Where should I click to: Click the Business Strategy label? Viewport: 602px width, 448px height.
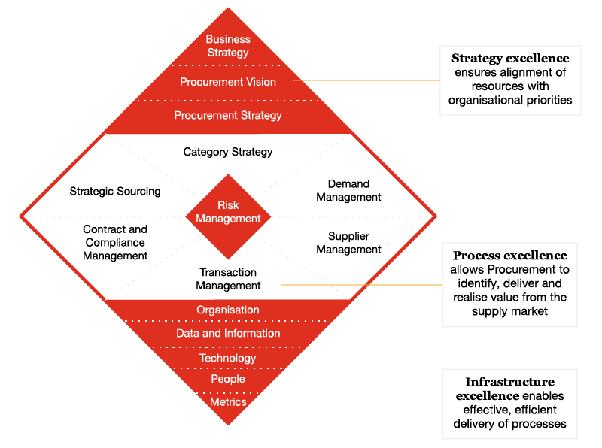(228, 46)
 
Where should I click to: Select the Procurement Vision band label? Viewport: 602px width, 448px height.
(228, 82)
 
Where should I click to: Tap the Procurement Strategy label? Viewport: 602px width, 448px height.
(228, 116)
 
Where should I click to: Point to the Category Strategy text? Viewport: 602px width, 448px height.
(228, 152)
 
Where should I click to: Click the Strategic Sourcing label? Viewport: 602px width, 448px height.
(115, 192)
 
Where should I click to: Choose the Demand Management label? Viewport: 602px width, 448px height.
(348, 190)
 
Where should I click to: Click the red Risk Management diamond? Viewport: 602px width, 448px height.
(228, 216)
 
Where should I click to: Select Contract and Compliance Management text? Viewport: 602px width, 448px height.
(115, 242)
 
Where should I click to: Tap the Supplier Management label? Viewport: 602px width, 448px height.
(348, 243)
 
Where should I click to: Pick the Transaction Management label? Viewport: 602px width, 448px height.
(228, 279)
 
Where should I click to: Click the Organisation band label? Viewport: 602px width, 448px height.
(228, 310)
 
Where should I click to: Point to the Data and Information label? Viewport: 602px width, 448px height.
(228, 333)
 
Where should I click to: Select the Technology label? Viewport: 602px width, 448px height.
(228, 358)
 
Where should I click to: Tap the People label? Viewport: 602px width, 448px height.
(228, 379)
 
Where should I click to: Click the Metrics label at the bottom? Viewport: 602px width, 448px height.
(228, 401)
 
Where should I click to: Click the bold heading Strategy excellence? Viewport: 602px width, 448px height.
(510, 58)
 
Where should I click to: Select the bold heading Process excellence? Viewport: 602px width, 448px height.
(509, 256)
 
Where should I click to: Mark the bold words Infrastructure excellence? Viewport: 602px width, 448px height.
(509, 389)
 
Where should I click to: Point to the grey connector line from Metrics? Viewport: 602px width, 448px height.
(346, 404)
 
